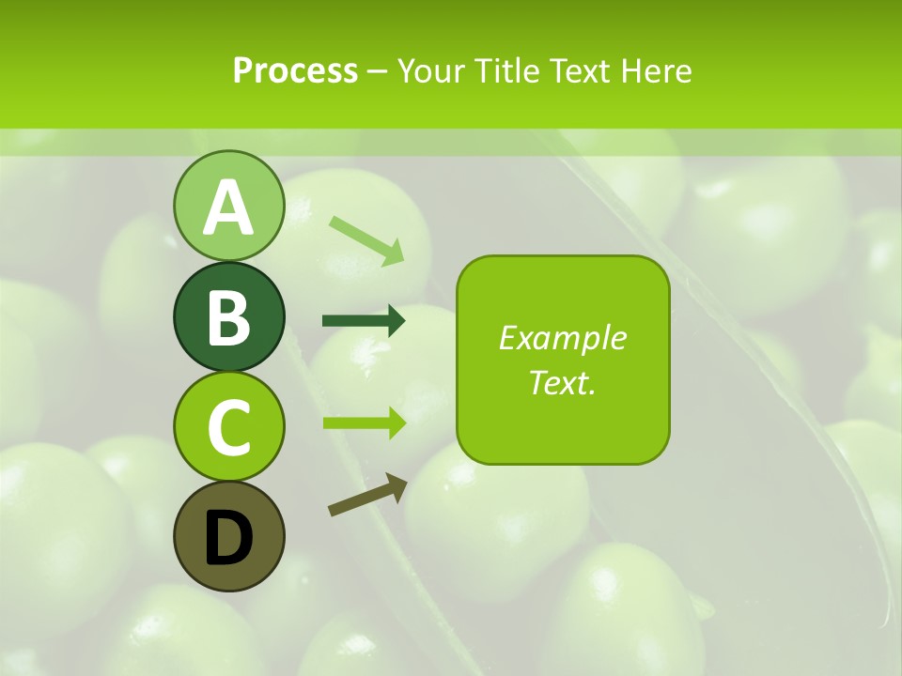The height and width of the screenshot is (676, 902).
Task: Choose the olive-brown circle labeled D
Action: point(228,536)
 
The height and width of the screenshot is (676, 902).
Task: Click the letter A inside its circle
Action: point(228,207)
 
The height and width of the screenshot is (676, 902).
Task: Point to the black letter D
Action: point(228,539)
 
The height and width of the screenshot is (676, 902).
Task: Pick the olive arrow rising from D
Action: point(367,495)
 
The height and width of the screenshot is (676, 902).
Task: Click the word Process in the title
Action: point(295,70)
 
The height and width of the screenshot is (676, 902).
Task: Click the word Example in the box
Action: point(562,338)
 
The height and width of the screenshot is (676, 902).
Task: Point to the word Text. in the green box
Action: point(562,382)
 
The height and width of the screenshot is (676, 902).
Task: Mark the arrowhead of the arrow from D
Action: point(397,486)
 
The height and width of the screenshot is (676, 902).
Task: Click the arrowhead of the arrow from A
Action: point(395,253)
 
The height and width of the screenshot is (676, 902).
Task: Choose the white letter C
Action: point(228,427)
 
